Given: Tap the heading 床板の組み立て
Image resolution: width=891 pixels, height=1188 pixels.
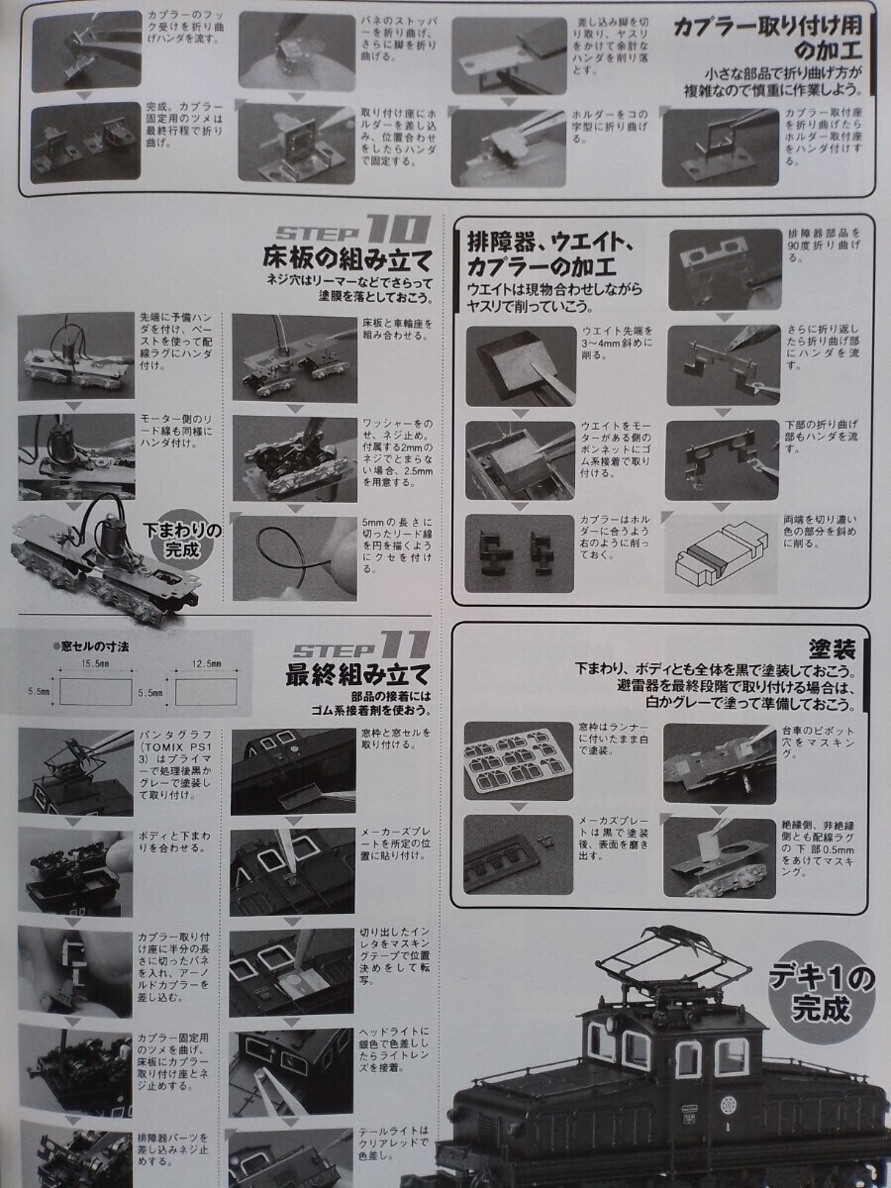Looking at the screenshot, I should click(346, 262).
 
